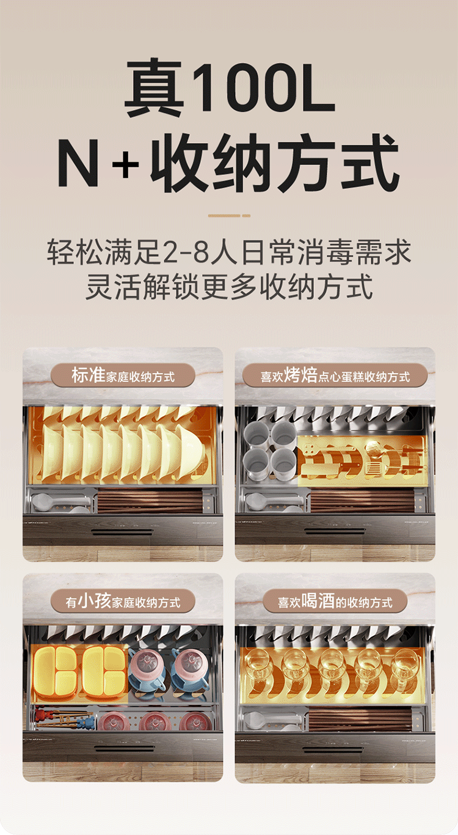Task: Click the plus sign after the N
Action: point(125,163)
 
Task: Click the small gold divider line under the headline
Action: point(229,215)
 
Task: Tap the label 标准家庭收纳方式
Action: point(123,375)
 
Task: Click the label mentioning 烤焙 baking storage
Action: point(335,375)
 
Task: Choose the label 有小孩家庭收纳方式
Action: point(123,601)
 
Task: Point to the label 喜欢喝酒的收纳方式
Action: point(335,601)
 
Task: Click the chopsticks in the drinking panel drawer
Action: point(360,719)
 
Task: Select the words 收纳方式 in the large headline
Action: point(275,163)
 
